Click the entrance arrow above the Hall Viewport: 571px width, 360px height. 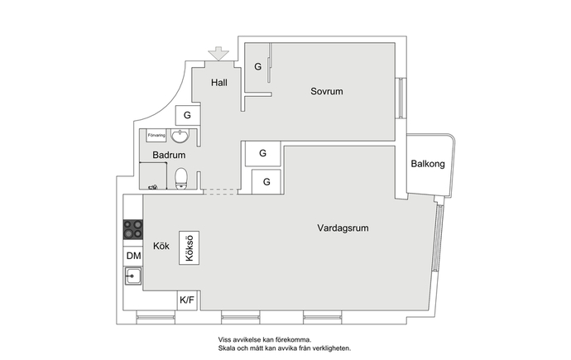pos(218,54)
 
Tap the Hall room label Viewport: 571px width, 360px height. pos(218,83)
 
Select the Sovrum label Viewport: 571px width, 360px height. pos(327,91)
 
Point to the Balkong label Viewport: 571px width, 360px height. pos(428,164)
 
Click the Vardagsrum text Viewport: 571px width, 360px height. pos(343,228)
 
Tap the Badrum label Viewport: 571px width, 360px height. pos(169,155)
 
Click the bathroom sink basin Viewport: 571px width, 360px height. pos(180,136)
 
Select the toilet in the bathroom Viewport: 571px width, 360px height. pos(181,179)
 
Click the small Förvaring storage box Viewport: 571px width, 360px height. pos(156,135)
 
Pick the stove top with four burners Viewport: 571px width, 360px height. pos(133,229)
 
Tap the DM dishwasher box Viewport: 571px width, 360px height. pos(133,256)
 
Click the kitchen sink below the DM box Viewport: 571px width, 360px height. pos(133,276)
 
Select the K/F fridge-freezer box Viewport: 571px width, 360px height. pos(187,300)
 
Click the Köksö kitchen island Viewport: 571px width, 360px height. pos(189,247)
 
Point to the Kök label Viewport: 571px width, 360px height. pos(161,247)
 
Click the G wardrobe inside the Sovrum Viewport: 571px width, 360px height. pos(258,66)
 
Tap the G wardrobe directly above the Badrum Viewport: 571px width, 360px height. pos(187,115)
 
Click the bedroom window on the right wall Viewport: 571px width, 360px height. pos(401,98)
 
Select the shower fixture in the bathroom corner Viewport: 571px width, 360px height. pos(153,187)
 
